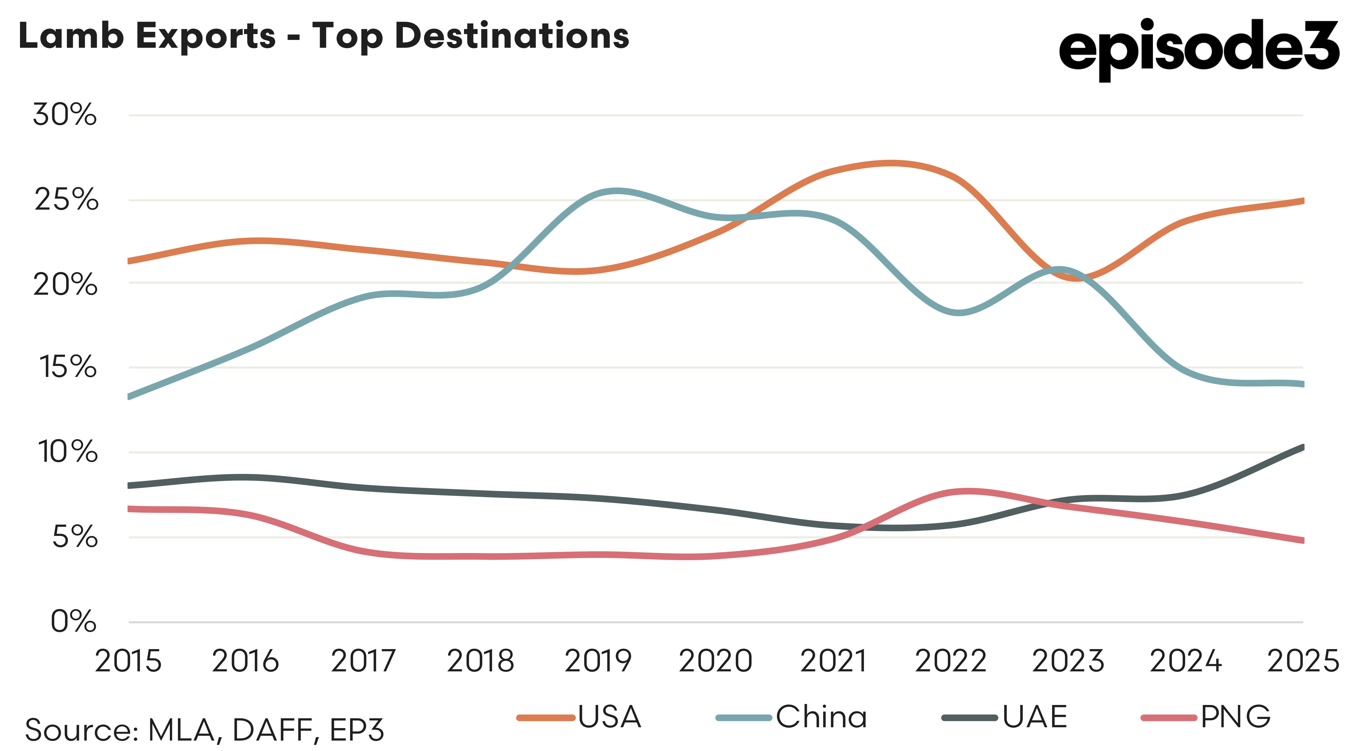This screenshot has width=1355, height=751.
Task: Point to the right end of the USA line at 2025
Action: (1301, 201)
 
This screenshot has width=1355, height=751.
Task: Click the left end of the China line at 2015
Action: (130, 396)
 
